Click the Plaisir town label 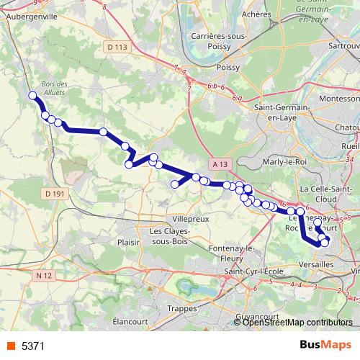point(127,243)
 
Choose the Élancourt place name point(130,321)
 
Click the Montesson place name point(339,98)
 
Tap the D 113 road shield point(115,47)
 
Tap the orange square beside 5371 point(11,346)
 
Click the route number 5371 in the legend point(33,346)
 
